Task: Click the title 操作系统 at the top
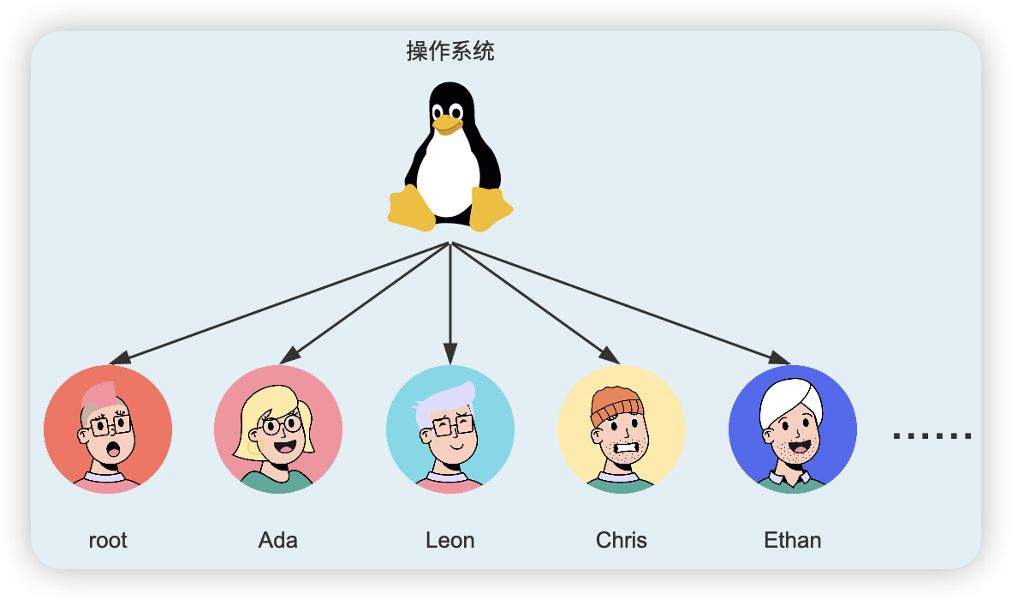tap(450, 51)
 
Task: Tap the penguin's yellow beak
tap(446, 125)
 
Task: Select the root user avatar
tap(108, 429)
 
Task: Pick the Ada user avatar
tap(278, 429)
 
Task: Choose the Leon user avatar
tap(450, 429)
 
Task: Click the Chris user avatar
tap(622, 429)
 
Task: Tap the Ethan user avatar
tap(793, 429)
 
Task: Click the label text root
tap(108, 541)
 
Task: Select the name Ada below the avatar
tap(278, 541)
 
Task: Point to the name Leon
tap(450, 541)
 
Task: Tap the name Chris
tap(622, 541)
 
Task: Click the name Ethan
tap(793, 541)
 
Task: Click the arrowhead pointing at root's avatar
tap(121, 357)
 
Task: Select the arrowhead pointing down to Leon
tap(450, 353)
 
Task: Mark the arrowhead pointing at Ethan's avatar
tap(779, 357)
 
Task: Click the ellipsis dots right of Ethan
tap(932, 436)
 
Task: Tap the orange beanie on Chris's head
tap(616, 404)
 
